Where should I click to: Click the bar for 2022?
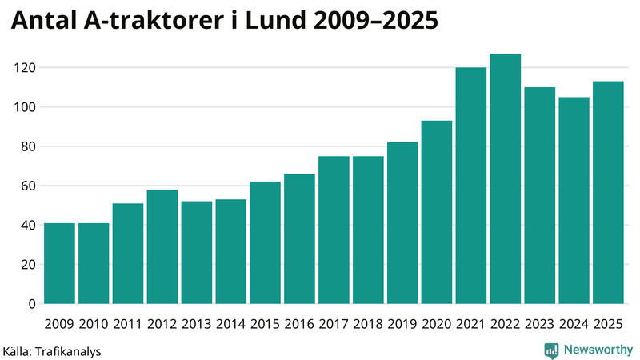tap(506, 179)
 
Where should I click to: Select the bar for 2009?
tap(59, 263)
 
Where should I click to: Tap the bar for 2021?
tap(471, 186)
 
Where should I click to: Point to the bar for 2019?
tap(402, 223)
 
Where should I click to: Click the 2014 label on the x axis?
tap(231, 324)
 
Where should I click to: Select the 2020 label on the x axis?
tap(437, 324)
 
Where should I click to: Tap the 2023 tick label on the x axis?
tap(540, 324)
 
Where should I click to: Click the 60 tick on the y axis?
tap(29, 186)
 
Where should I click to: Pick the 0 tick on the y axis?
tap(33, 304)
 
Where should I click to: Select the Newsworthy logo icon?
tap(552, 350)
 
